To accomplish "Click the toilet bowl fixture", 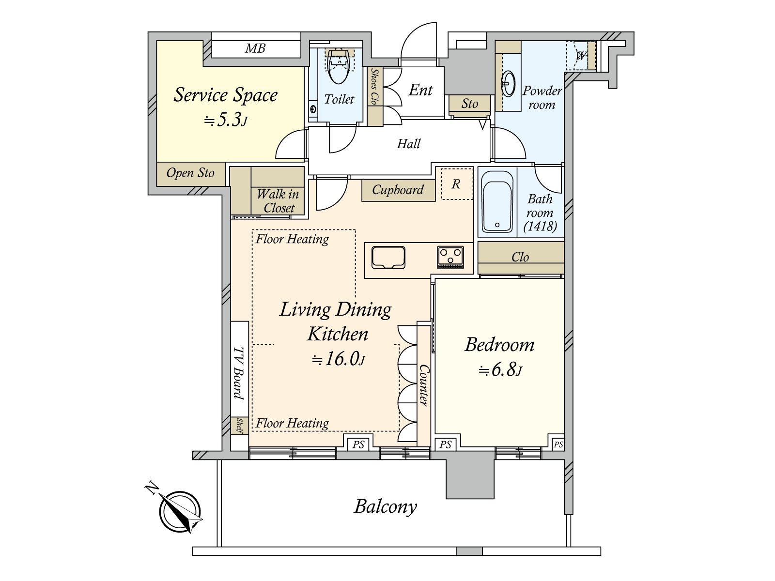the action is point(338,66).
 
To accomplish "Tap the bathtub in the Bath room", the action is point(497,202).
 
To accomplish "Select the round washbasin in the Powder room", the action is point(509,84).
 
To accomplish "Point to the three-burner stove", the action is point(450,258).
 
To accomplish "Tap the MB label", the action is point(255,48).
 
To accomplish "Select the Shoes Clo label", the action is point(374,86).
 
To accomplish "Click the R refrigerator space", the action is point(457,184).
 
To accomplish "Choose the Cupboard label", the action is point(398,190).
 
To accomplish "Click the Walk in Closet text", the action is point(278,201).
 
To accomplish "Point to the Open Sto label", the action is point(190,173).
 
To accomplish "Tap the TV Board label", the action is point(239,373).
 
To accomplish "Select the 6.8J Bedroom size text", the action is point(500,370).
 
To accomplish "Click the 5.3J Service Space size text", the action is point(226,120).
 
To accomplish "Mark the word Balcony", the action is point(385,507).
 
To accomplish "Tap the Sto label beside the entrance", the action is point(469,104).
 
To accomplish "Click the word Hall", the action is point(408,144).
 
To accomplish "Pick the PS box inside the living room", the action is point(358,444).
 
